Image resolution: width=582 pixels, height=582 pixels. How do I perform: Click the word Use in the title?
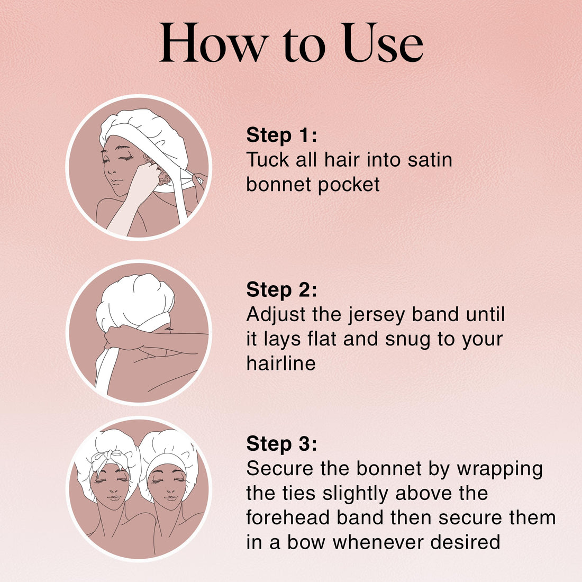pyautogui.click(x=383, y=43)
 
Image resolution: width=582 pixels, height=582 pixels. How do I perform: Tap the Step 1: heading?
pyautogui.click(x=281, y=135)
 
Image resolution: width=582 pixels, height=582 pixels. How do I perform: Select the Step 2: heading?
pyautogui.click(x=281, y=289)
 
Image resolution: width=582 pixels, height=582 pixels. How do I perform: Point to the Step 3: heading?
pyautogui.click(x=281, y=443)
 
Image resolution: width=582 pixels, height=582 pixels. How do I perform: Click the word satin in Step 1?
pyautogui.click(x=430, y=160)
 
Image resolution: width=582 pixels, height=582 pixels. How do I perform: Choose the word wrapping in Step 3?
pyautogui.click(x=499, y=469)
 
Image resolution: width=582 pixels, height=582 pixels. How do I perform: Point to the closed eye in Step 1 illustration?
pyautogui.click(x=128, y=158)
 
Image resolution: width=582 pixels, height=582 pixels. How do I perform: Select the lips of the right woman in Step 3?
pyautogui.click(x=170, y=497)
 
